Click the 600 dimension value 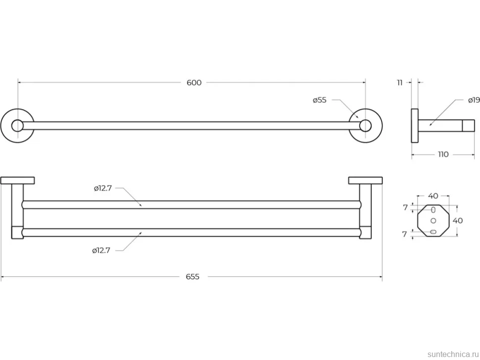coord(194,83)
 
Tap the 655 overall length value coord(192,277)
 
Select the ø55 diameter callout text coord(320,100)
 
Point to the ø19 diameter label coord(474,100)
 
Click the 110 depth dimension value coord(443,154)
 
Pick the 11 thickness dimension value coord(400,83)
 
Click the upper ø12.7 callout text coord(103,188)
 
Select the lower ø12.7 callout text coord(101,251)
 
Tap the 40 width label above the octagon coord(433,196)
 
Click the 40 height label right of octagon coord(458,221)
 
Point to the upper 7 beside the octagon coord(405,208)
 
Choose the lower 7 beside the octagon coord(405,234)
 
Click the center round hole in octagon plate coord(433,221)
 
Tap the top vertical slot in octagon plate coord(433,210)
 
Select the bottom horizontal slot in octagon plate coord(433,232)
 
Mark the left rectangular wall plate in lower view coord(17,180)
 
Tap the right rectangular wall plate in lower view coord(366,180)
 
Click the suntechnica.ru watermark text coord(453,354)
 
